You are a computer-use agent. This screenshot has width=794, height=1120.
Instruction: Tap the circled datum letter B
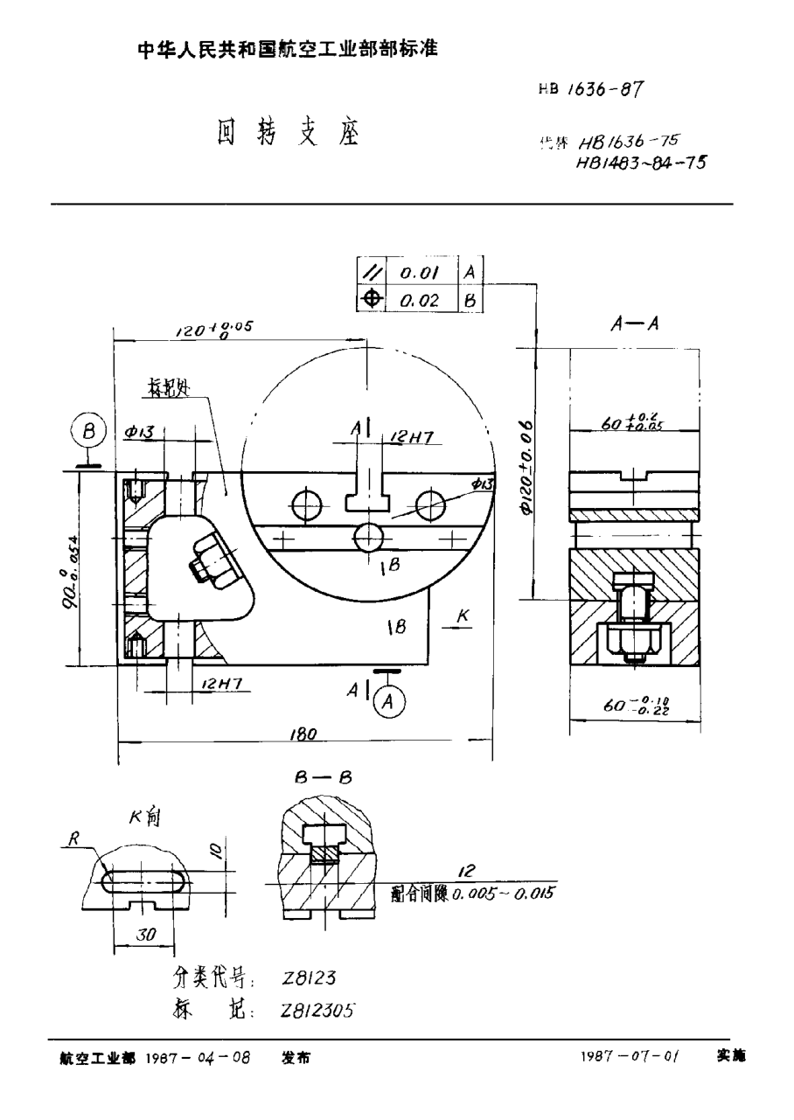pyautogui.click(x=88, y=433)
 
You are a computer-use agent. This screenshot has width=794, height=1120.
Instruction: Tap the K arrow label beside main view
pyautogui.click(x=463, y=616)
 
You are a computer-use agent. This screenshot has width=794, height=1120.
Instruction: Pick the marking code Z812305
pyautogui.click(x=317, y=1010)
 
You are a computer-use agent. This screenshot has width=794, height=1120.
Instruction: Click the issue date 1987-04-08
pyautogui.click(x=198, y=1057)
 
